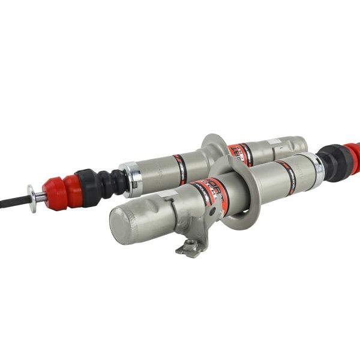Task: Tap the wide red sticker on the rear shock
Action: coord(240,154)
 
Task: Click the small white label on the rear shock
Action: coord(274,142)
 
